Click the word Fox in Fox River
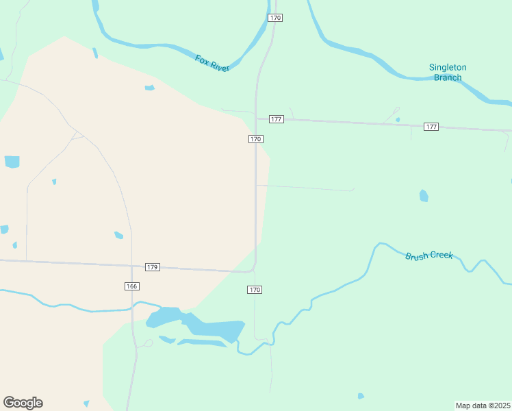tap(201, 60)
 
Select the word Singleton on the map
tap(448, 67)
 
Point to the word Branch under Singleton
tap(448, 77)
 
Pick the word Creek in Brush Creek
tap(439, 255)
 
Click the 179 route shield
tap(153, 267)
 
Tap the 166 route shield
tap(132, 286)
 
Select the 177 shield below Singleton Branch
tap(431, 127)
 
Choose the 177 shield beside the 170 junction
tap(276, 119)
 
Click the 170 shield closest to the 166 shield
tap(255, 290)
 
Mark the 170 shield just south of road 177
tap(255, 139)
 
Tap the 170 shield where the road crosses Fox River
tap(274, 17)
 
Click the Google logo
tap(23, 403)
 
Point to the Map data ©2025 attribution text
tap(483, 406)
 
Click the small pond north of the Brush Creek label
tap(424, 196)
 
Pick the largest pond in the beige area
tap(12, 162)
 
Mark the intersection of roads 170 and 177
tap(256, 119)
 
